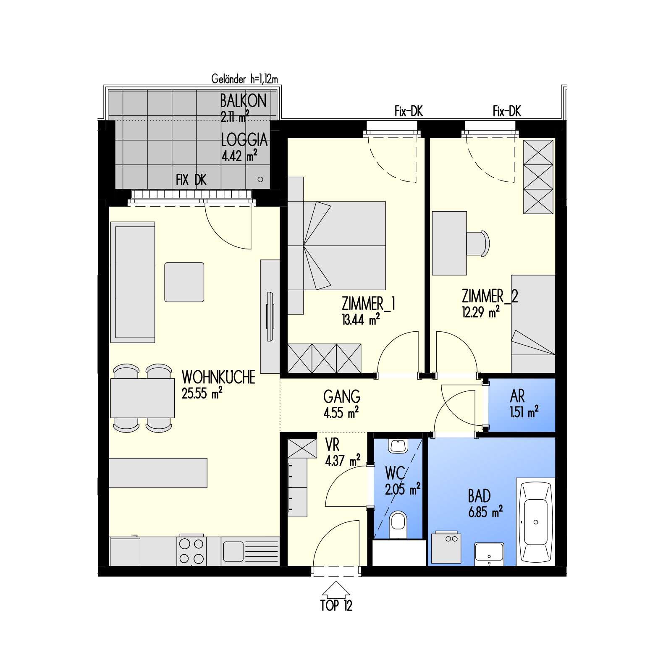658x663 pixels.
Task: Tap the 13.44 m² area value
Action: point(361,320)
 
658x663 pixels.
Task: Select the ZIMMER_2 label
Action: point(490,296)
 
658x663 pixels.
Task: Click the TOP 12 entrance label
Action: point(336,605)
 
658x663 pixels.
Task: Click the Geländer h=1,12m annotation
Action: point(244,79)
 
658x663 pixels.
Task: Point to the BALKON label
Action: point(243,101)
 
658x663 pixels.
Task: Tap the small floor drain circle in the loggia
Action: point(260,179)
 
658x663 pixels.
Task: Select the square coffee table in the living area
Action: point(184,282)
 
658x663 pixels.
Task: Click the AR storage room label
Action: point(517,396)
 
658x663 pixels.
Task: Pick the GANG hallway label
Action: point(342,396)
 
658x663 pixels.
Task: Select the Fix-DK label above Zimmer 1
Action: point(409,111)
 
